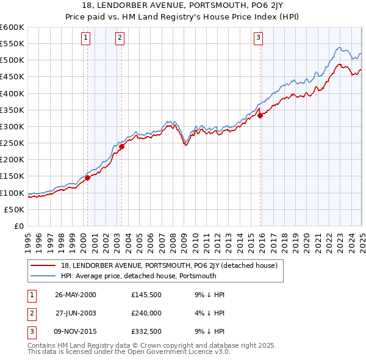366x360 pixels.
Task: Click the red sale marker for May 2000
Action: (87, 178)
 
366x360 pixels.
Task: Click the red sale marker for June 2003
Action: (121, 146)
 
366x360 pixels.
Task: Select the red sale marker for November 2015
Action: (259, 115)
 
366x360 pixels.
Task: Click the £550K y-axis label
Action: (13, 44)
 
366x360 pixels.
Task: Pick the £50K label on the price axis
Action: (15, 209)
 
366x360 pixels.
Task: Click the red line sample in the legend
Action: (43, 265)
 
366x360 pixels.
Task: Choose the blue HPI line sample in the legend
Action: (43, 276)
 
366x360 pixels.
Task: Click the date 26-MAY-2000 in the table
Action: (76, 295)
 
